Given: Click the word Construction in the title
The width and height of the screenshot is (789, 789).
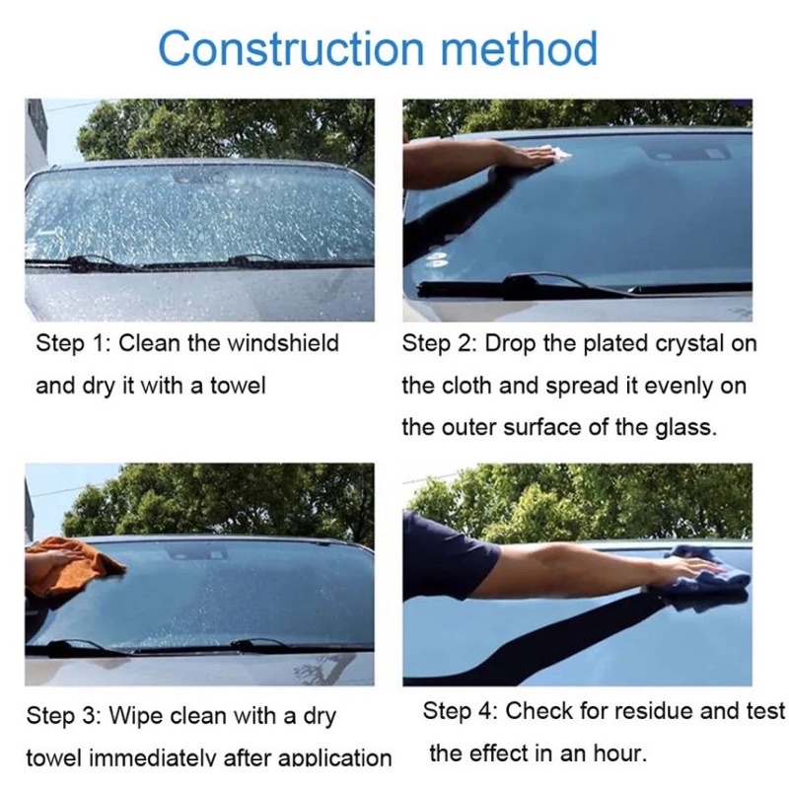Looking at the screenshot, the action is click(x=291, y=48).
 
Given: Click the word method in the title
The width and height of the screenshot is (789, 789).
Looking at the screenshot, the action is click(x=520, y=47).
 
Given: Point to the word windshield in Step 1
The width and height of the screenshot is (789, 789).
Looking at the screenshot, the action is click(x=283, y=343).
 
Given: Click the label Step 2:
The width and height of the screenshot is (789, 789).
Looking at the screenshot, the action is click(x=439, y=344).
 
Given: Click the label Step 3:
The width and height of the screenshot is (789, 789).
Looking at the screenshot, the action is click(x=64, y=716).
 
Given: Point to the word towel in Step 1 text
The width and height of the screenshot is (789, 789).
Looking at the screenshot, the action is click(x=238, y=386).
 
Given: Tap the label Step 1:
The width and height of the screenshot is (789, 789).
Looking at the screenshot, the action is click(x=73, y=344).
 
